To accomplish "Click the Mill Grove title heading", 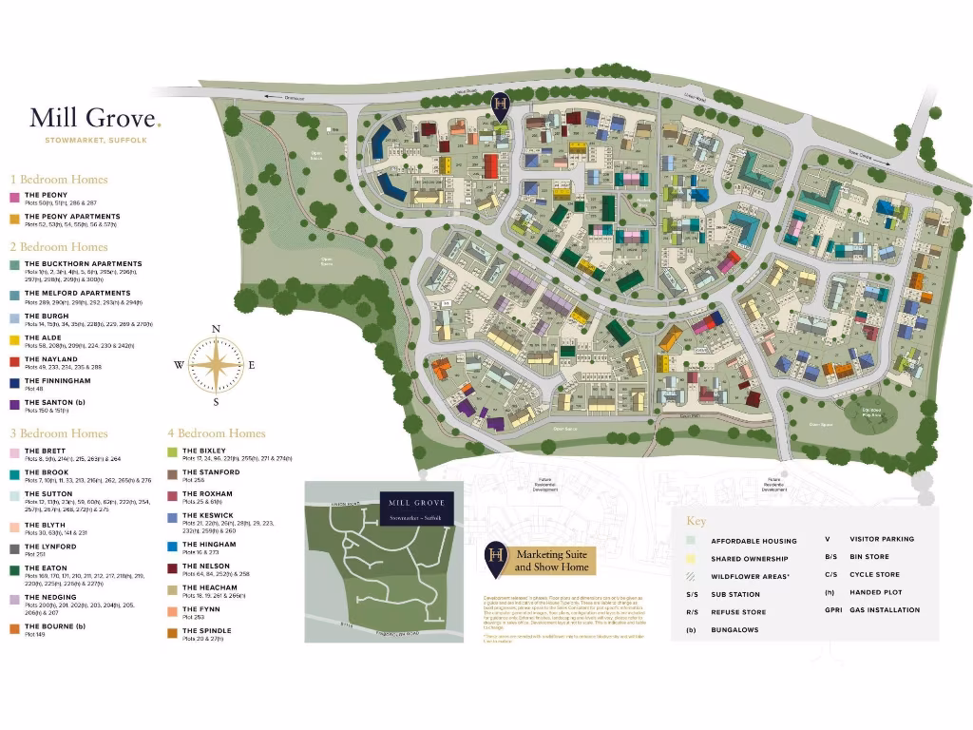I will coord(95,118).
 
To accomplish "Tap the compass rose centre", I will coord(216,365).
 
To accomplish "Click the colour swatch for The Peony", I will coord(15,197).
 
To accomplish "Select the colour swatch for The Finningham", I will coord(15,383).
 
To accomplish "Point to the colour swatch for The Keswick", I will coord(173,517).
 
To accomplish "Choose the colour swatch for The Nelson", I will coord(173,567).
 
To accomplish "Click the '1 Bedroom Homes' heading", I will coord(59,179).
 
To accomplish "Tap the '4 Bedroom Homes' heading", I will coord(217,433).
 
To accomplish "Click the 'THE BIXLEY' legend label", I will coord(203,451).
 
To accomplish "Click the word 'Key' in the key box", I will coord(696,521).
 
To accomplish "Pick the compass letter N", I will coord(216,330).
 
